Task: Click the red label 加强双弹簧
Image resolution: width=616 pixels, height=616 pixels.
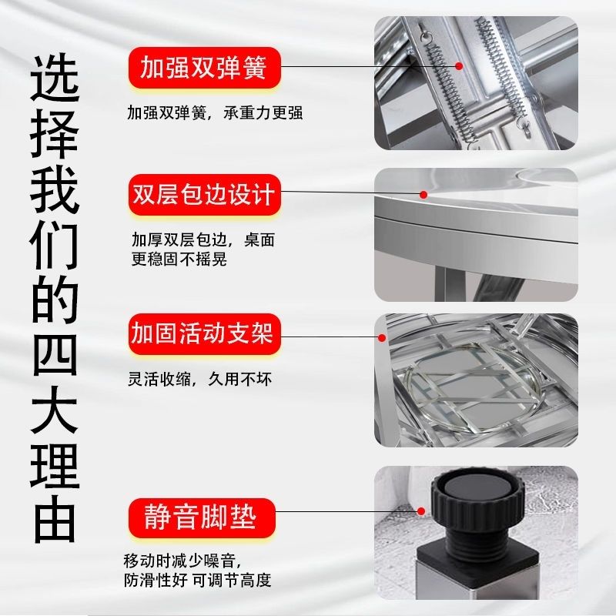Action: pos(204,67)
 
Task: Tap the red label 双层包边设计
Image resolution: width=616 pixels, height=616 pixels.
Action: pos(204,195)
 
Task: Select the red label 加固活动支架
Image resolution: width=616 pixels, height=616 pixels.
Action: pos(204,333)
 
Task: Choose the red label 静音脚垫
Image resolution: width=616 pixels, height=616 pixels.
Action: pos(202,517)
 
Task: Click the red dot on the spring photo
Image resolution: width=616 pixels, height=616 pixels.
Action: pos(458,66)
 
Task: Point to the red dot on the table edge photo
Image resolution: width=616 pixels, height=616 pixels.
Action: pos(423,195)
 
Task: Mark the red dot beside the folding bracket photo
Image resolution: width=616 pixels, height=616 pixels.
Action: pos(381,337)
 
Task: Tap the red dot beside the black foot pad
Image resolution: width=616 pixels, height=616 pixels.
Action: pos(421,511)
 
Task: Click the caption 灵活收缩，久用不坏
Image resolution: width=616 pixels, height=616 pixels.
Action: pos(200,379)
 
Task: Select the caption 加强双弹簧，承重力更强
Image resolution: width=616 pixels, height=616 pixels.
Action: pos(215,112)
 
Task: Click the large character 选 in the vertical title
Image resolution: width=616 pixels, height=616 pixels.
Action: pos(55,79)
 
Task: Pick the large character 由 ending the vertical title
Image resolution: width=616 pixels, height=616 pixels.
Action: pos(55,519)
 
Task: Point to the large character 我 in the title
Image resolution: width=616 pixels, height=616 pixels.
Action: pos(55,189)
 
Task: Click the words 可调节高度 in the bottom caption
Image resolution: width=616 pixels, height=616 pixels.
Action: pos(232,581)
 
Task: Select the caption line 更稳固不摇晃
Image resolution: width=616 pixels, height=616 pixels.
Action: pos(179,259)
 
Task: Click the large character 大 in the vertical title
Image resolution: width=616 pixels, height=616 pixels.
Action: pos(55,410)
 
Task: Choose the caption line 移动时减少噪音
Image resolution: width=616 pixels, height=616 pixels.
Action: pos(182,561)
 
